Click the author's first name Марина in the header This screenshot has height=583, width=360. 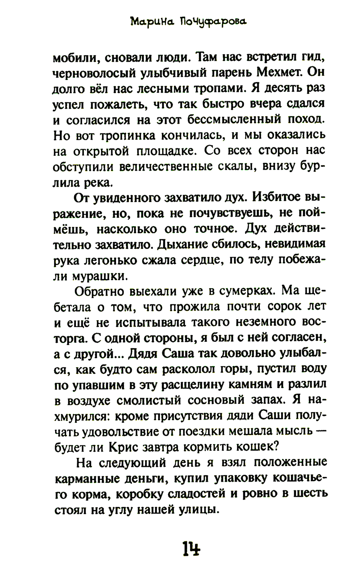151,22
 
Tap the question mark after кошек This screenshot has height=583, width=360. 276,447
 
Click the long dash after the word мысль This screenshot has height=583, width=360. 318,431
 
